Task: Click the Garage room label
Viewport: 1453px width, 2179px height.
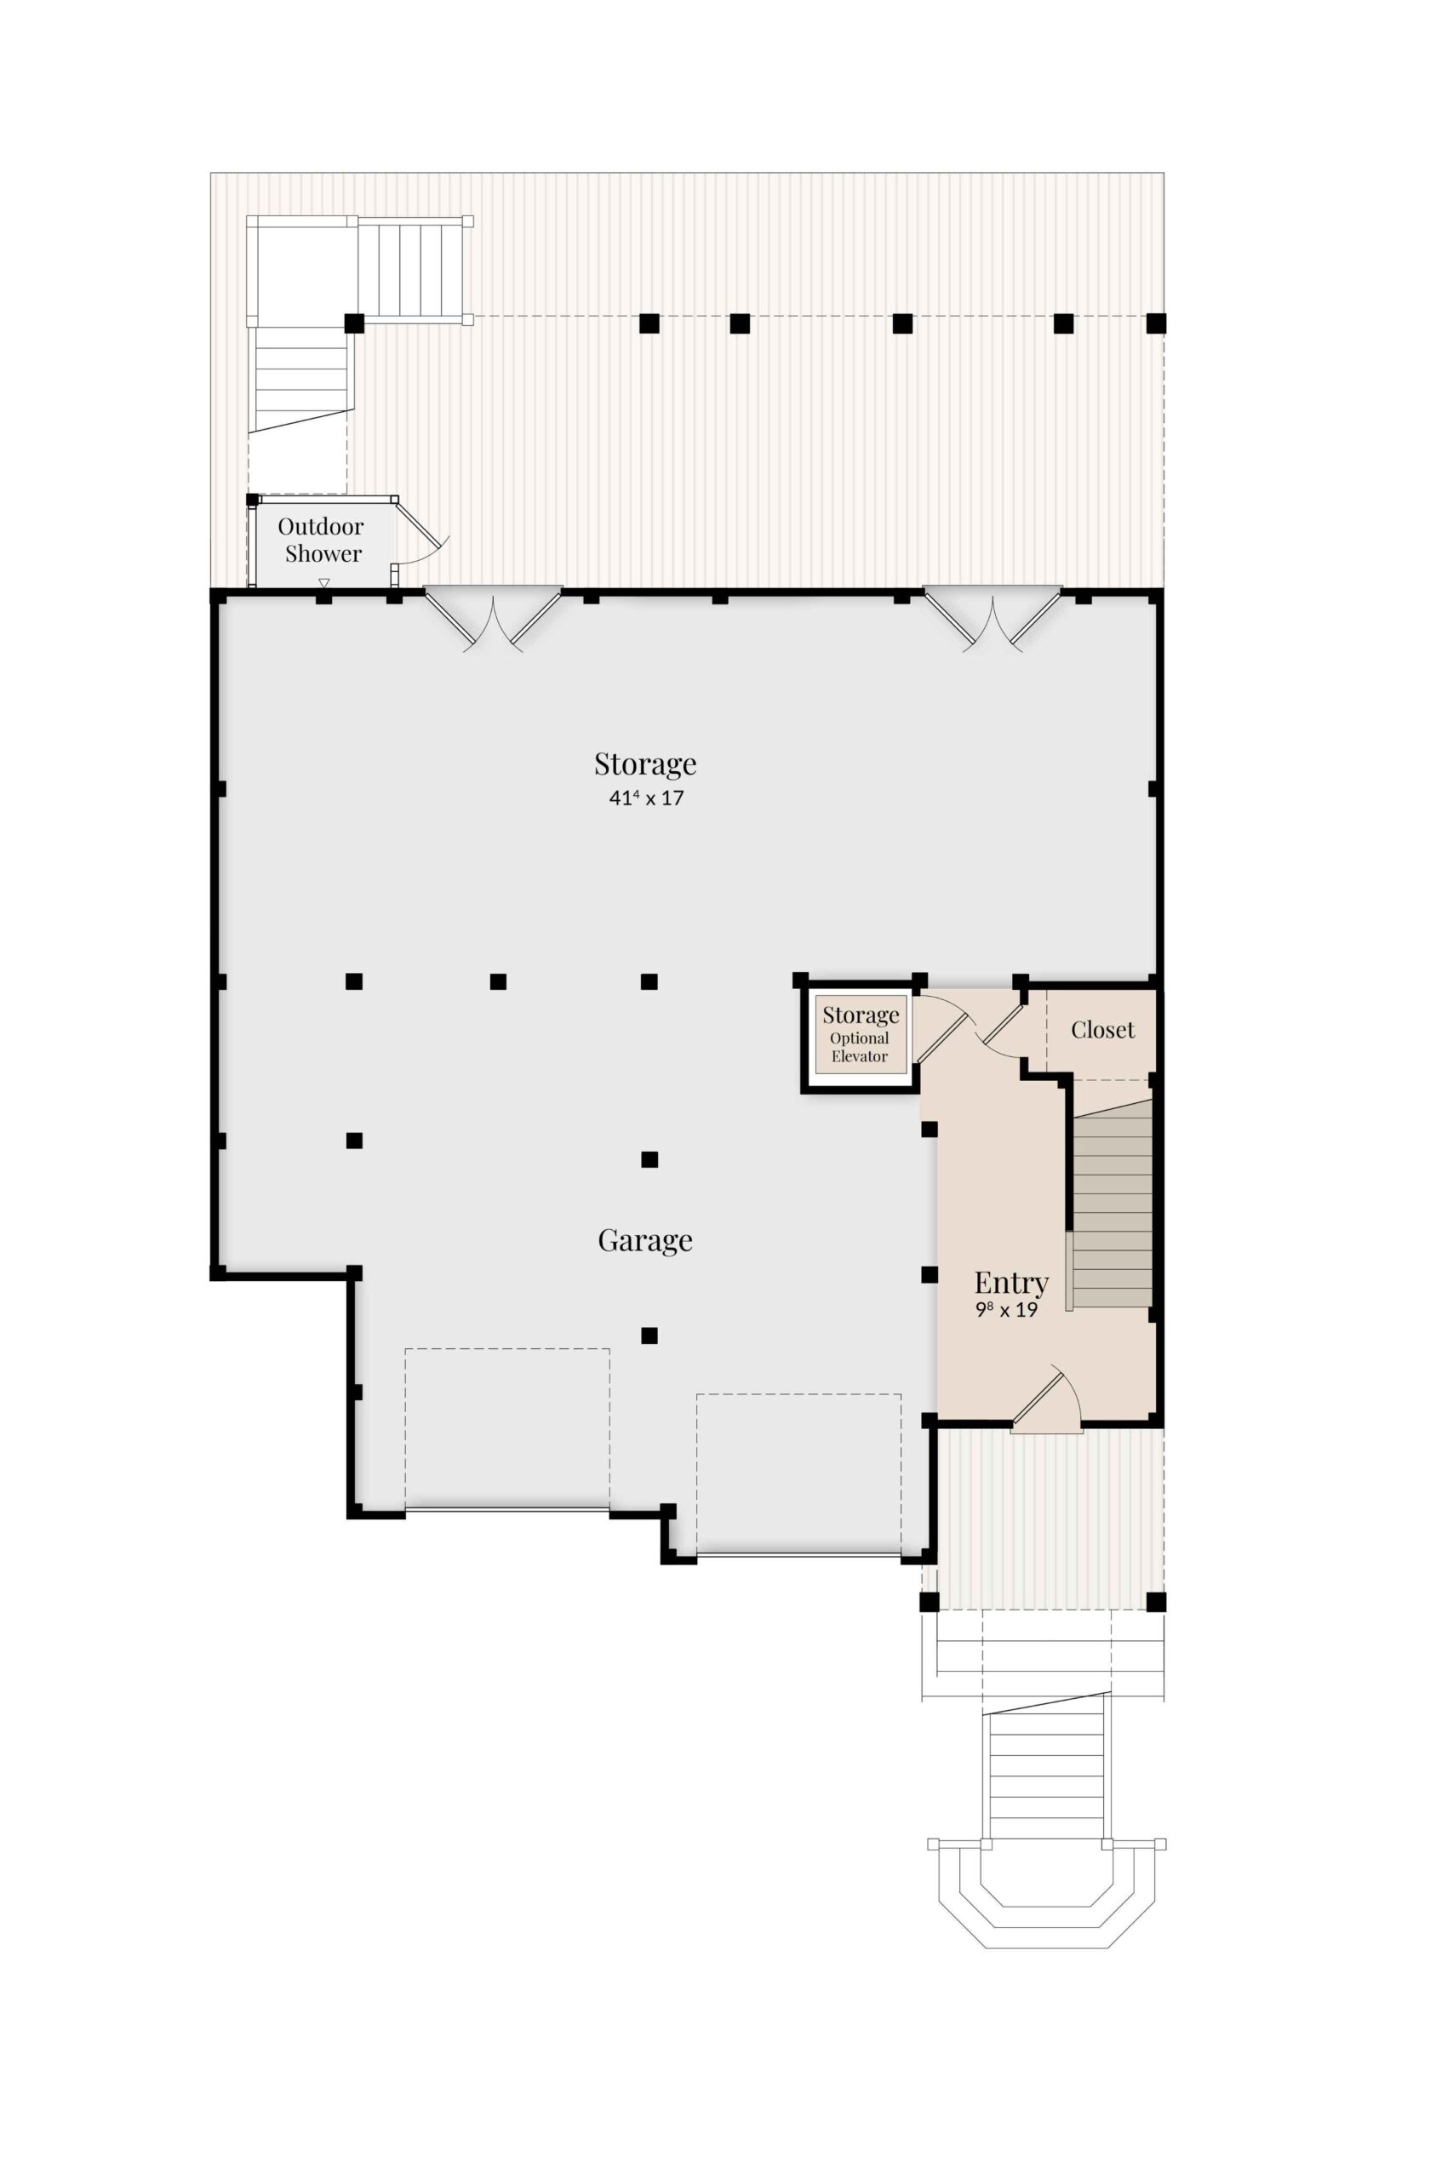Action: (645, 1239)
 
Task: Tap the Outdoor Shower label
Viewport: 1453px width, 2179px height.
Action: (322, 540)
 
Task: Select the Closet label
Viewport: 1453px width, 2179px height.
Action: (1102, 1029)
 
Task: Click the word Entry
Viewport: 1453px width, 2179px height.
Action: (1011, 1283)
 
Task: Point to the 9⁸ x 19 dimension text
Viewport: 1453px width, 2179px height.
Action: (1006, 1310)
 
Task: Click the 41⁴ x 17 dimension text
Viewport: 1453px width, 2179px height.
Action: (646, 798)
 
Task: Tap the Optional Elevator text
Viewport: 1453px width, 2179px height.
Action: (859, 1047)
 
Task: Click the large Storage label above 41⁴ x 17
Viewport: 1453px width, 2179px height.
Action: (645, 764)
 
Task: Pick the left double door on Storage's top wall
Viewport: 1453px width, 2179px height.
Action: (493, 619)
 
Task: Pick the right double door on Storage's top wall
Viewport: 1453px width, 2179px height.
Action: (993, 619)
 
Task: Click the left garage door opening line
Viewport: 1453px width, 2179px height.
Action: (506, 1509)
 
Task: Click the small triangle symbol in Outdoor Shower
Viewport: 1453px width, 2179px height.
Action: (323, 583)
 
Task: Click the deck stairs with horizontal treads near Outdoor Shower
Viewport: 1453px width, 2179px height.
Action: (300, 380)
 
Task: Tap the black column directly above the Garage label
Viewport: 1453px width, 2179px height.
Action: (649, 1159)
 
